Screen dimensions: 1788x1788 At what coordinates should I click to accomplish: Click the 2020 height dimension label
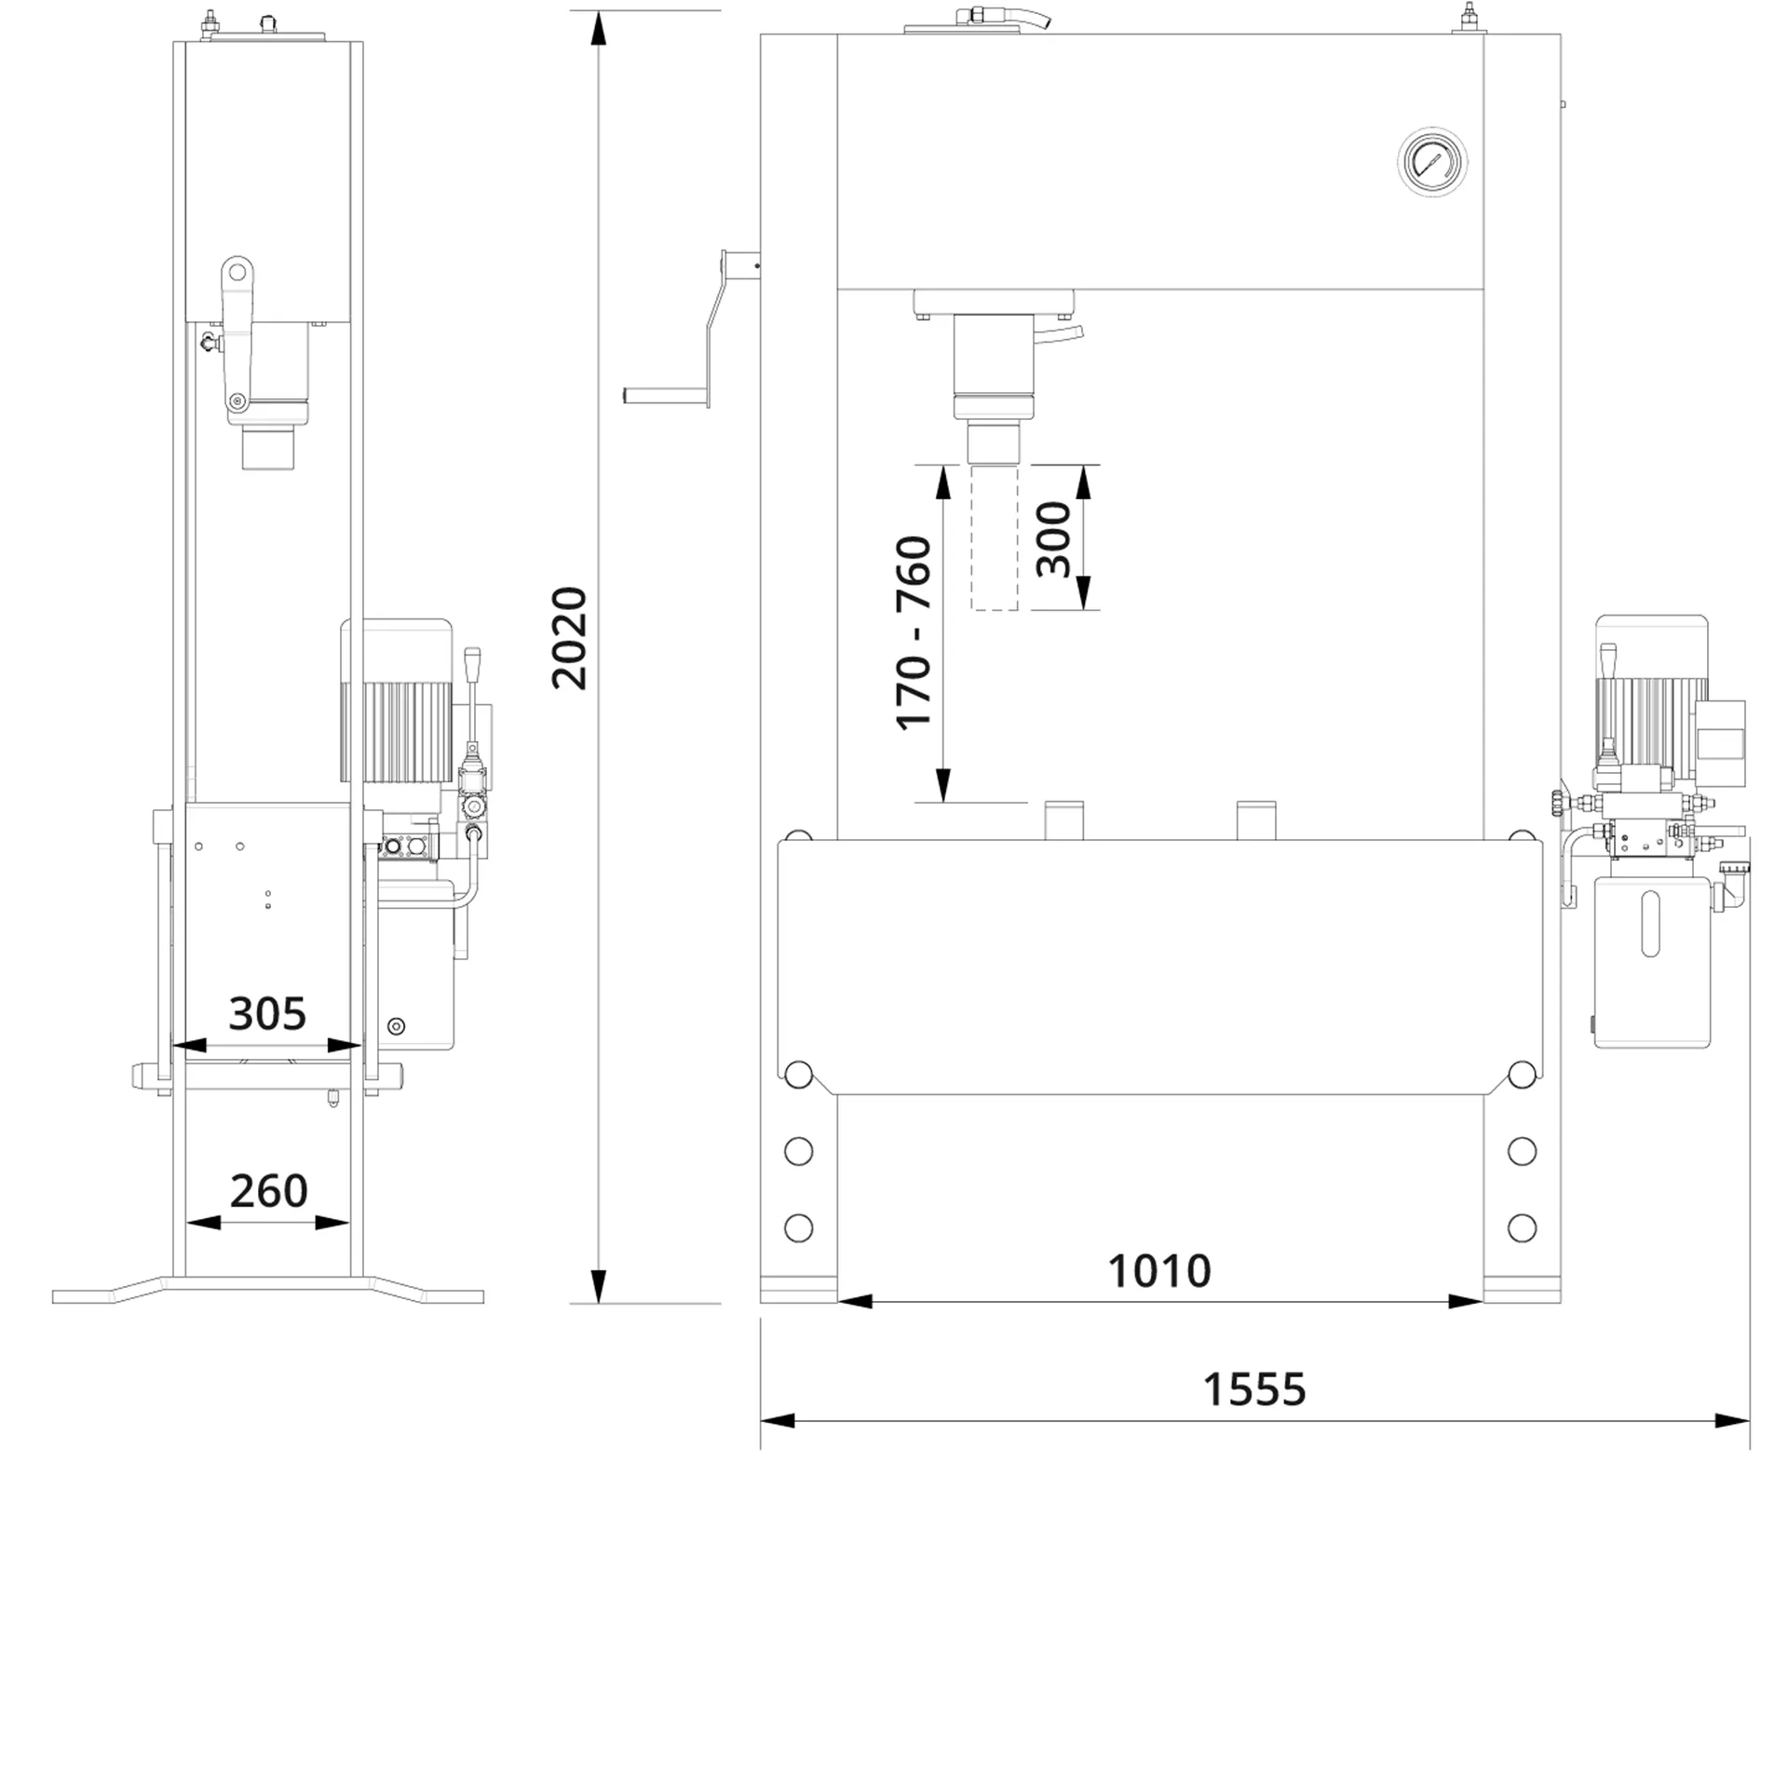coord(569,638)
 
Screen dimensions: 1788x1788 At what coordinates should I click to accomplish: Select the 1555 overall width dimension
coord(1254,1389)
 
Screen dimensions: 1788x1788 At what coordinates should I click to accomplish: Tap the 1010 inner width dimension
coord(1159,1270)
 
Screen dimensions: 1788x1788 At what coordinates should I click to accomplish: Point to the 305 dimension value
coord(267,1013)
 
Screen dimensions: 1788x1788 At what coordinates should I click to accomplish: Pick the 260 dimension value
coord(268,1190)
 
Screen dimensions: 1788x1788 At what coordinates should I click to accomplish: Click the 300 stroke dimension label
coord(1053,539)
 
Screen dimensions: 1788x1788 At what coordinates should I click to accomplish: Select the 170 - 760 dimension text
coord(914,633)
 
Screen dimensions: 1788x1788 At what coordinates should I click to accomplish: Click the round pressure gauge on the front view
coord(1432,161)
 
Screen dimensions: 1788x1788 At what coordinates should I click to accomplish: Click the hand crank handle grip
coord(663,395)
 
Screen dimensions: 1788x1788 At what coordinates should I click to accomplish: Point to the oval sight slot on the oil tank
coord(1650,924)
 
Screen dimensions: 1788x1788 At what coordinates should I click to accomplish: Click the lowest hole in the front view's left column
coord(798,1227)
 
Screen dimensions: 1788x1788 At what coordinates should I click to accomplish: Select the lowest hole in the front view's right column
coord(1522,1227)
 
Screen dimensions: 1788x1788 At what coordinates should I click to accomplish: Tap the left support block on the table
coord(1064,820)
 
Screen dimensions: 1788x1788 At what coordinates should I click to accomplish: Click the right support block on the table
coord(1256,820)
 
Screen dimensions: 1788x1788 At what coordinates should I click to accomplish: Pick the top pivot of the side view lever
coord(237,272)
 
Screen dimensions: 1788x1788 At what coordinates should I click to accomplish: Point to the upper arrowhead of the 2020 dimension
coord(599,28)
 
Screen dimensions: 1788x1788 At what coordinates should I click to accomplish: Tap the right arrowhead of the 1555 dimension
coord(1733,1421)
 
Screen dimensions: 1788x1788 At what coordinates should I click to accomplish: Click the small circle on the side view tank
coord(396,1026)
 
